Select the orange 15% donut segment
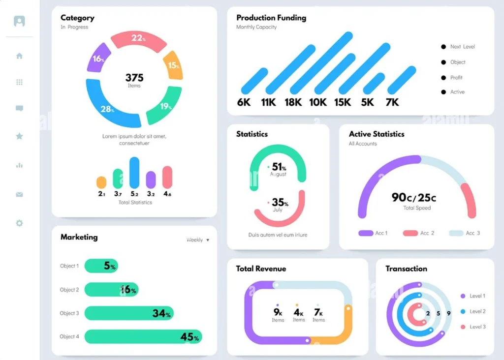[x=173, y=65]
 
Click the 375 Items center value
[x=134, y=80]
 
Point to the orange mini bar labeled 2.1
[x=101, y=182]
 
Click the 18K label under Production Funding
[x=293, y=102]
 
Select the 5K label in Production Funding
[x=367, y=102]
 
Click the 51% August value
[x=279, y=168]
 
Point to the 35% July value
[x=279, y=204]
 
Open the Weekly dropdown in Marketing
[x=198, y=240]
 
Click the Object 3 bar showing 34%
[x=129, y=313]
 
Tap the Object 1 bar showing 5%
[x=101, y=266]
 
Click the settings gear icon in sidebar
[x=19, y=223]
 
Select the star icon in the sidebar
[x=19, y=136]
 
